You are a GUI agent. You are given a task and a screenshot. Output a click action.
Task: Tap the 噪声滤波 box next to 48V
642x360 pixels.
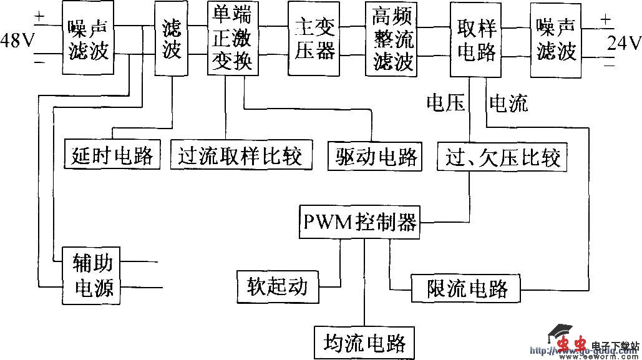[88, 39]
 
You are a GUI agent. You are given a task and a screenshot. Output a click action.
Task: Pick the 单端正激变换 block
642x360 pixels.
[232, 37]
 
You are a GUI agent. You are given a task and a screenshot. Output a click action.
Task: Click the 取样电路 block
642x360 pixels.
[476, 39]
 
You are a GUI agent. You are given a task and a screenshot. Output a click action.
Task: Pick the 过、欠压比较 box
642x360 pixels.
[502, 157]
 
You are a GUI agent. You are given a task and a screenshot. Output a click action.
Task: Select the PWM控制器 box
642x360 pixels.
[359, 221]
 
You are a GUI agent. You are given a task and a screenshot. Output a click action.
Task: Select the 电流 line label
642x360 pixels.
[508, 103]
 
